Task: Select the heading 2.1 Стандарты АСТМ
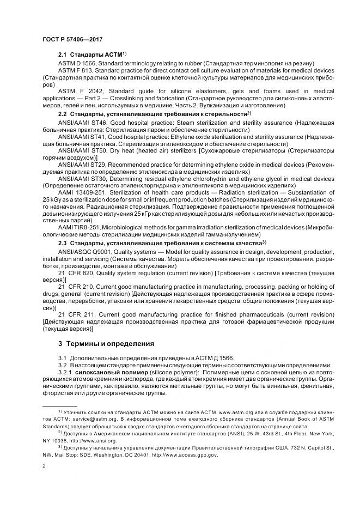(x=92, y=55)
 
